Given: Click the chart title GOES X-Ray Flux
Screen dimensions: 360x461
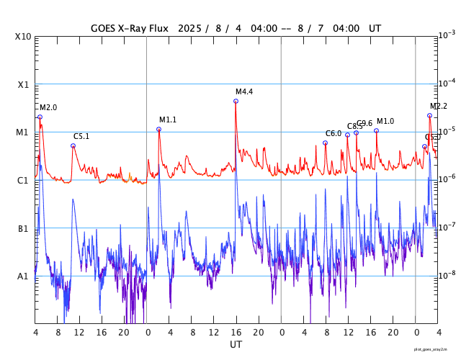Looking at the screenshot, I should (x=129, y=28).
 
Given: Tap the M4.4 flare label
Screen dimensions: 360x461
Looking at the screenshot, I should (x=244, y=91).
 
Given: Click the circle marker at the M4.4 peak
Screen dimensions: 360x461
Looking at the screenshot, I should (x=236, y=101).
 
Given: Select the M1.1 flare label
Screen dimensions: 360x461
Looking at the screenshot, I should (x=168, y=120).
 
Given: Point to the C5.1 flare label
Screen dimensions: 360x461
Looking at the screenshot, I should (x=81, y=136).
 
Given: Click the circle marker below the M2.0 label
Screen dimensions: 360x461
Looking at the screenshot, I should (x=40, y=117).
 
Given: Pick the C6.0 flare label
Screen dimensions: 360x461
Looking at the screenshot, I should (x=334, y=133).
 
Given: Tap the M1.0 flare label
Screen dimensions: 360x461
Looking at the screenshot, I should (x=385, y=121).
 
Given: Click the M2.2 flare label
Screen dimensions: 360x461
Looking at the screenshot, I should (x=439, y=106).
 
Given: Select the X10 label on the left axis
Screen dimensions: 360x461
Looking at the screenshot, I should (x=24, y=37).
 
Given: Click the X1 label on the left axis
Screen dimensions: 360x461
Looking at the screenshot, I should (x=24, y=84).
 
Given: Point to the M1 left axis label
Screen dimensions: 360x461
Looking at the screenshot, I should (x=24, y=132).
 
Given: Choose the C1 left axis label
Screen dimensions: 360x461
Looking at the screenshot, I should (x=24, y=180).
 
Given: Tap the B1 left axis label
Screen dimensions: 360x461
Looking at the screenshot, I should (x=24, y=228).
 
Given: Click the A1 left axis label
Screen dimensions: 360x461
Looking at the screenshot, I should (x=24, y=276).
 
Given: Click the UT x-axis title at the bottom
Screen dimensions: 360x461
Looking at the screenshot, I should (x=236, y=345).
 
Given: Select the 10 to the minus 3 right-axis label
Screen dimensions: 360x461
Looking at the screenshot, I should (x=447, y=35).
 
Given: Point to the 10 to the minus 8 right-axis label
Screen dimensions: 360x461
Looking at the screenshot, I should (x=447, y=274).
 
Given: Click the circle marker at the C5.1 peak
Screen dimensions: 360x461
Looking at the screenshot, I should (x=73, y=145).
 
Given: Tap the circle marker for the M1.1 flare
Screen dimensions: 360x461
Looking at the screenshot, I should (x=158, y=129).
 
